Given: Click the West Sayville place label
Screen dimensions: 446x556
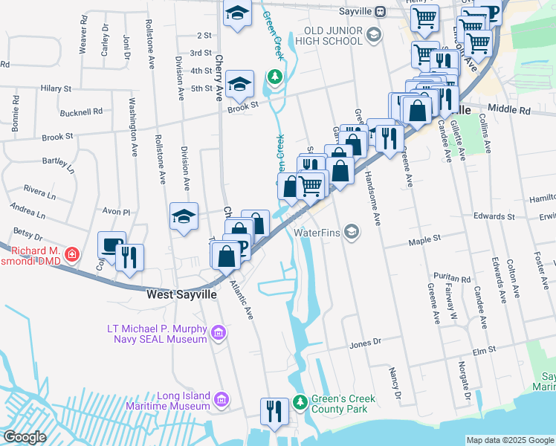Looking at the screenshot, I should point(181,294).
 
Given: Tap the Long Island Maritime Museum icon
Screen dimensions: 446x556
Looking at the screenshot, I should point(220,401).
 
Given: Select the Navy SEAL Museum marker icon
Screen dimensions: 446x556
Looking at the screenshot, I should point(219,334).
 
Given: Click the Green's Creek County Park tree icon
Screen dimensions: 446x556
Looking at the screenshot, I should point(300,401).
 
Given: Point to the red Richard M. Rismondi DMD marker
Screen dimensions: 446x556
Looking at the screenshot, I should point(71,256).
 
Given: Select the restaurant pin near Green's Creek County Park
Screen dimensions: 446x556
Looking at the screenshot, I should point(274,411).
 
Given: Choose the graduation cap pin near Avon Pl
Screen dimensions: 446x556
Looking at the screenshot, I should point(184,216).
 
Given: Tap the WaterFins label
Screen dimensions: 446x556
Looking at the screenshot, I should point(320,233).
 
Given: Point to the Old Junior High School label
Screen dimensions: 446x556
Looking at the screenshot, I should point(337,35).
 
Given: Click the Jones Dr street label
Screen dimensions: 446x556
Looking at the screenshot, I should point(365,343).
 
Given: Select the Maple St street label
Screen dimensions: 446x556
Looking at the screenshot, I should point(426,239).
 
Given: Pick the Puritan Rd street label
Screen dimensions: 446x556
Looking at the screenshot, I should point(455,279).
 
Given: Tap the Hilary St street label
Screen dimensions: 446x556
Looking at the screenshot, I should point(56,88).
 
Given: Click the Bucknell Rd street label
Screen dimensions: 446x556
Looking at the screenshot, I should point(82,112).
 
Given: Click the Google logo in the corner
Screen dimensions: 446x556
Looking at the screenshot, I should point(25,437).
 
